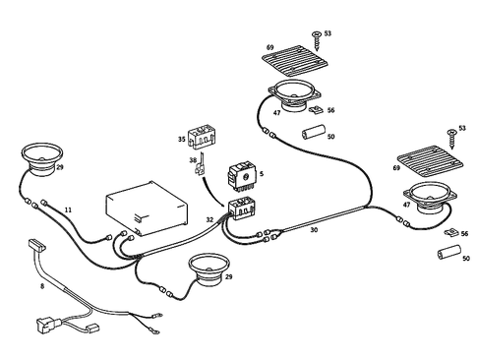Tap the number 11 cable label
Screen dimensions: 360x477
(68, 210)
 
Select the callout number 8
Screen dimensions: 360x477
(41, 287)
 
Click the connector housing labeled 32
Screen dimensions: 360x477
(241, 209)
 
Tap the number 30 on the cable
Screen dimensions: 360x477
(313, 231)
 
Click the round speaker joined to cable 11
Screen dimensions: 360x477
(42, 158)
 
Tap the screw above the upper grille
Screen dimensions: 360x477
(316, 39)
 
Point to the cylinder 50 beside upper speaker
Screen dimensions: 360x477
(313, 132)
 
